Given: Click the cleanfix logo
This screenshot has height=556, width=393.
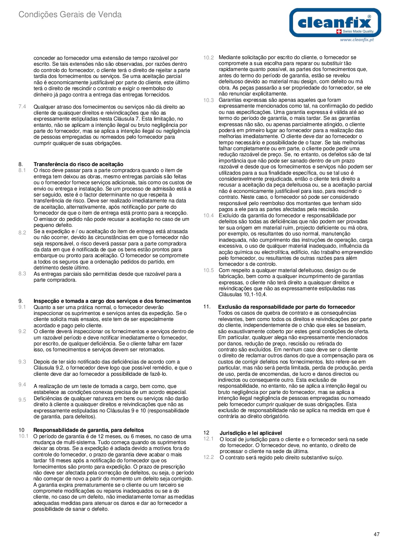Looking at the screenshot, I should [335, 22].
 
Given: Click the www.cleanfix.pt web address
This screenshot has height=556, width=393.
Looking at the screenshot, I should [357, 40].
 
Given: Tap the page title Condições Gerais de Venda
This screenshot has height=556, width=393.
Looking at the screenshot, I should [70, 15].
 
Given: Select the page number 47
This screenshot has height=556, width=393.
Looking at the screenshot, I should [377, 534].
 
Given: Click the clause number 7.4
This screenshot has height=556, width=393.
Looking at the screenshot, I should [22, 106].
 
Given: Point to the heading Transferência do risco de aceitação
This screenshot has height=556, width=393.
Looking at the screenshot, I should [78, 164].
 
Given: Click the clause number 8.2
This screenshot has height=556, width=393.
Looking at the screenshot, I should [22, 232].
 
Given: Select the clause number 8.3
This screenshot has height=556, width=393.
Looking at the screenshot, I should [22, 273].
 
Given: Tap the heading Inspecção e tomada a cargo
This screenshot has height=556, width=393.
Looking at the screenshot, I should [112, 301].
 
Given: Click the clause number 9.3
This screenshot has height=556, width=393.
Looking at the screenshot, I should [22, 362].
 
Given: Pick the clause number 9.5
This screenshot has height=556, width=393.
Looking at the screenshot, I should [22, 400].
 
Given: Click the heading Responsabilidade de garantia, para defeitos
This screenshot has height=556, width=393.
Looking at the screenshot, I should [88, 430].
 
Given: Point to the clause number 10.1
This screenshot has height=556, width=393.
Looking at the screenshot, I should [23, 436].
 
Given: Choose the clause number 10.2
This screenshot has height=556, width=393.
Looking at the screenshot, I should [208, 57].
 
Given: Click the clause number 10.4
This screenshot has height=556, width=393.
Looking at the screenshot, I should [208, 215].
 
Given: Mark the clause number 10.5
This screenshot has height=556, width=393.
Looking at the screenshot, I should [208, 270].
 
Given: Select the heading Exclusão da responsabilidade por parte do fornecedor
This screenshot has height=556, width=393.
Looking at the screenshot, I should [286, 307].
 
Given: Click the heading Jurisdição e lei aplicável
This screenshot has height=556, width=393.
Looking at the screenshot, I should [250, 433].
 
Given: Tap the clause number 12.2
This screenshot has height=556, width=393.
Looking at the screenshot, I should [208, 457].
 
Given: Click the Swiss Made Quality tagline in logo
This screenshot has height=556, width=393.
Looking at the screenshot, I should [358, 32].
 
